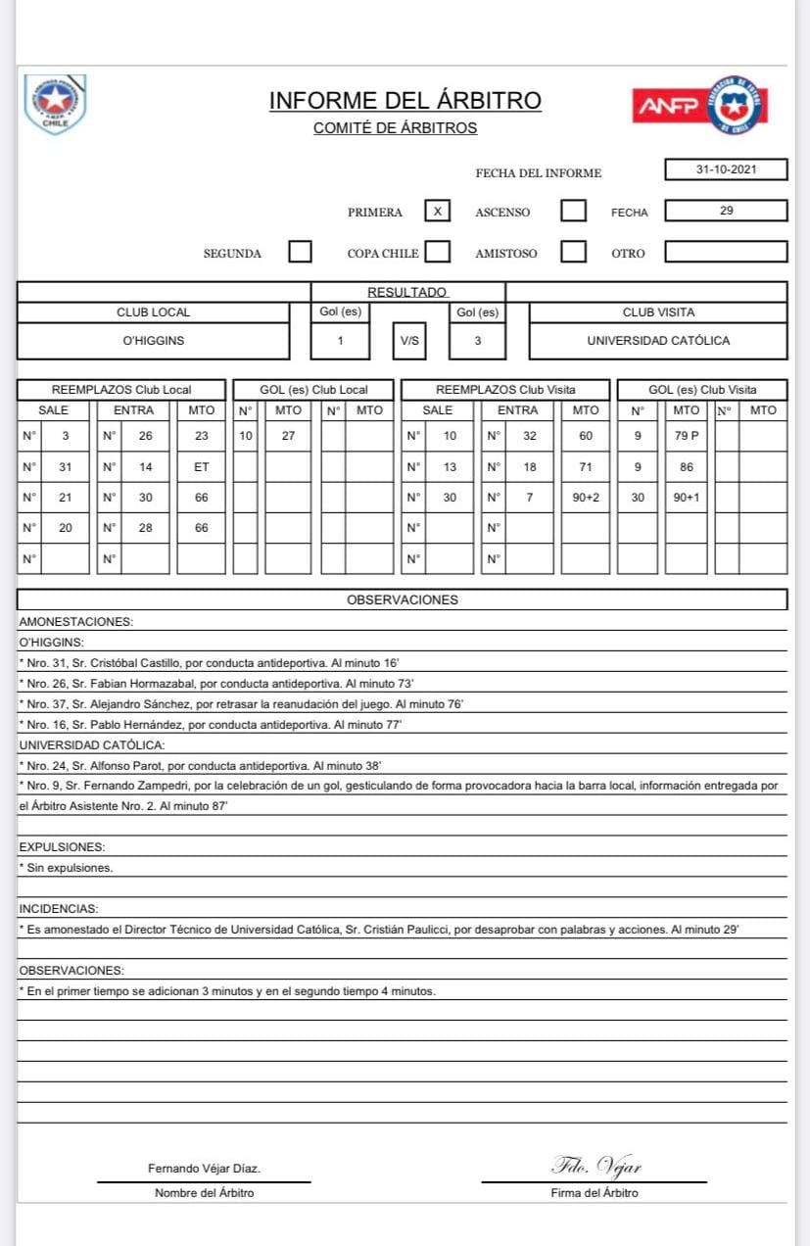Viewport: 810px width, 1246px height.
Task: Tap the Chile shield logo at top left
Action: coord(55,104)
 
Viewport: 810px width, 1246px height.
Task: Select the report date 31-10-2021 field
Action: coord(726,169)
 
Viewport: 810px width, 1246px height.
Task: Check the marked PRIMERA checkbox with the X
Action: coord(438,212)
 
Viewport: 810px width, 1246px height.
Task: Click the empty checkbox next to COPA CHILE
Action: coord(438,252)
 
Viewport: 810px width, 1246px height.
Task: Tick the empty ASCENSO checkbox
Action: coord(574,212)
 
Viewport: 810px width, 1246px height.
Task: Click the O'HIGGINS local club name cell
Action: coord(154,341)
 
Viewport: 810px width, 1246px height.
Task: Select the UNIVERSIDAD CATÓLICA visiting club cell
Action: coord(658,341)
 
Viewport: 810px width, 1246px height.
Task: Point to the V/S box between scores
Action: coord(409,341)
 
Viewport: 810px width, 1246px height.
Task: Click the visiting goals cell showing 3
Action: coord(477,341)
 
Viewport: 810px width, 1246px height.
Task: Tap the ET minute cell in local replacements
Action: coord(201,466)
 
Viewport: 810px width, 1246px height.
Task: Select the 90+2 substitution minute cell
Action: coord(586,498)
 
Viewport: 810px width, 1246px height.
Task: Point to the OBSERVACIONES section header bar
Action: coord(402,599)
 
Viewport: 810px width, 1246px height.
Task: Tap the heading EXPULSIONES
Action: coord(62,846)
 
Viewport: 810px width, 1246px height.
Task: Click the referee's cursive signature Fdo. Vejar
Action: coord(596,1165)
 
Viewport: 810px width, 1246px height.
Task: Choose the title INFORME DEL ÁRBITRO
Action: coord(405,101)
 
